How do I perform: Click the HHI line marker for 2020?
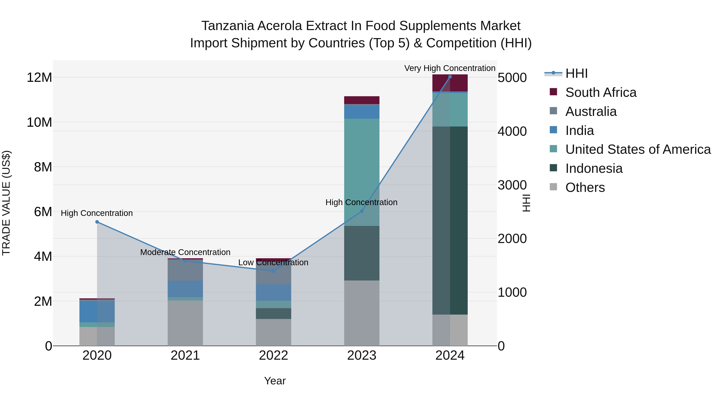[x=97, y=222]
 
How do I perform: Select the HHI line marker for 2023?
[x=362, y=211]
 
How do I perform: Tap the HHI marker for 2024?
[x=450, y=77]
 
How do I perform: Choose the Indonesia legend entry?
[x=594, y=168]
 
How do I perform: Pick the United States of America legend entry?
[x=638, y=149]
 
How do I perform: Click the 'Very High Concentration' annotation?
[x=450, y=68]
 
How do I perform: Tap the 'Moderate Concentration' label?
[x=185, y=252]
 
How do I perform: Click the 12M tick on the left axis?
[x=39, y=77]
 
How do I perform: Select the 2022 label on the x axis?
[x=273, y=355]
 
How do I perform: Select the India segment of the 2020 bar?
[x=97, y=312]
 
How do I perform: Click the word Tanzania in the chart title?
[x=227, y=26]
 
